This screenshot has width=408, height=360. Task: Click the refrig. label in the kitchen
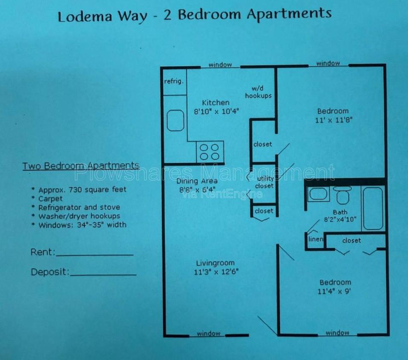click(174, 82)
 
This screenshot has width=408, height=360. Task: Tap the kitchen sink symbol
click(176, 120)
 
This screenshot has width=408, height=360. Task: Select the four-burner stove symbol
click(210, 152)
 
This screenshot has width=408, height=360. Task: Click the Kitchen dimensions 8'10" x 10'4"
click(216, 112)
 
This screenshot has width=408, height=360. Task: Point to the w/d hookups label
click(258, 92)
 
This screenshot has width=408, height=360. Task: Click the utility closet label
click(265, 182)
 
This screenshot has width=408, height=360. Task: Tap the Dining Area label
click(197, 181)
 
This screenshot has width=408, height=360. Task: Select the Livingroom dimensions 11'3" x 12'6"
click(216, 272)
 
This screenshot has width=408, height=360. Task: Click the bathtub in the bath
click(373, 208)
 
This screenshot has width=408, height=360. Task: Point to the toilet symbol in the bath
click(343, 195)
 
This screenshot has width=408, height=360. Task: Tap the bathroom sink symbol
click(318, 194)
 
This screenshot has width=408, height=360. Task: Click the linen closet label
click(316, 239)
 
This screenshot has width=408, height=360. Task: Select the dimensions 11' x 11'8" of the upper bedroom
click(334, 120)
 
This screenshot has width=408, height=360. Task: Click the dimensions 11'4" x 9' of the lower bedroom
click(334, 291)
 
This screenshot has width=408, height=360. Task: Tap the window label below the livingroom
click(208, 334)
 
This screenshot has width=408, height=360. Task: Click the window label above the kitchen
click(220, 65)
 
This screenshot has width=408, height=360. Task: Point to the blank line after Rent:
click(95, 255)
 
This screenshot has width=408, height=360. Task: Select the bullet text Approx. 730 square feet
click(82, 190)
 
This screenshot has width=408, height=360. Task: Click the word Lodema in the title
click(85, 16)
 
